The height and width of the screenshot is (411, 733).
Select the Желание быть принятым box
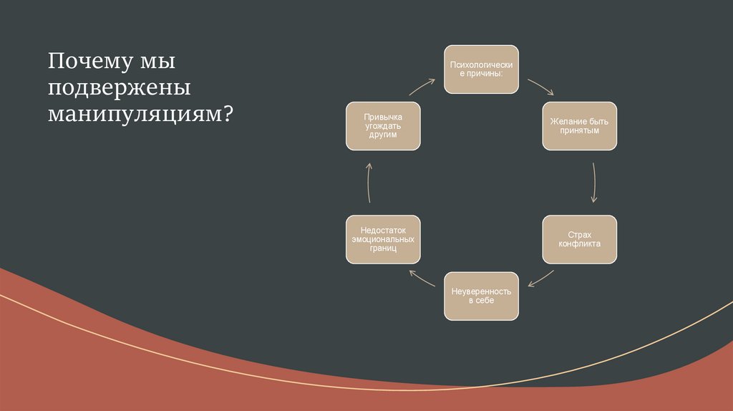(579, 126)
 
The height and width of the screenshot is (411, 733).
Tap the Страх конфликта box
(579, 239)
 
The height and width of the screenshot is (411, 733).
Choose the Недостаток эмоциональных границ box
(382, 239)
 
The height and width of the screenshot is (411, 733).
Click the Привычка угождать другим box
(382, 126)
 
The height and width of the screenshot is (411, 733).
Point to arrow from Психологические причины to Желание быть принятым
(540, 87)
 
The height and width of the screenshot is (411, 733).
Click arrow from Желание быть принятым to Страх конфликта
(595, 183)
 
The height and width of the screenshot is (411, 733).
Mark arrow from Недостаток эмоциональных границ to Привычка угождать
(368, 183)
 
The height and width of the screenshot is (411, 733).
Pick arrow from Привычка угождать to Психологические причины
(422, 87)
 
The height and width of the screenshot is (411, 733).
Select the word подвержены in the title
(120, 88)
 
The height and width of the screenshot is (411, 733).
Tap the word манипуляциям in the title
(135, 114)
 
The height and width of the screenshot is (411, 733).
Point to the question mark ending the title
(228, 113)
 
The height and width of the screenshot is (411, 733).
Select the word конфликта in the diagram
(579, 244)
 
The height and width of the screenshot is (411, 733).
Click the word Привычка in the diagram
(383, 117)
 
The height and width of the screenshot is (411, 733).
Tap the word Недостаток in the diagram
(383, 230)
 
